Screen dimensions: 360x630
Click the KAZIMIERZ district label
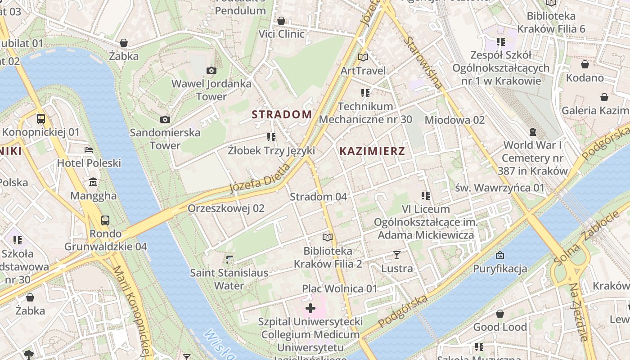(372, 151)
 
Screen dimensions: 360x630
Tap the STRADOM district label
(282, 114)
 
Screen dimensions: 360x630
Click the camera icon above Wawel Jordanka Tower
(211, 70)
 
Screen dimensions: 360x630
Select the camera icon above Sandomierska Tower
(165, 119)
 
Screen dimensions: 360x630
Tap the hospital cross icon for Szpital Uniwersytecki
(310, 308)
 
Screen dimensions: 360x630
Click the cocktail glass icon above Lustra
(396, 255)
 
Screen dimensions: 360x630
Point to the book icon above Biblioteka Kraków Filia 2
(328, 237)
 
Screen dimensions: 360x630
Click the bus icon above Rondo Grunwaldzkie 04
(105, 220)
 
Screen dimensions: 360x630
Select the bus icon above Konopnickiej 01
(41, 119)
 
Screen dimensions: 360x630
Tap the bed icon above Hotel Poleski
(89, 149)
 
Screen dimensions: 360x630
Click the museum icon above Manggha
(93, 182)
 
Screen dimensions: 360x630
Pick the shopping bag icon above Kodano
(585, 64)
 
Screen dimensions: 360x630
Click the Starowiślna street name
(423, 62)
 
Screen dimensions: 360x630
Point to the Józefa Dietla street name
(260, 179)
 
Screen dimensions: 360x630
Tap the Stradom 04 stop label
(318, 197)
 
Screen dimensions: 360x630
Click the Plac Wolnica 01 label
(339, 288)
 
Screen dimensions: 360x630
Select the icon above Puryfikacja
(499, 255)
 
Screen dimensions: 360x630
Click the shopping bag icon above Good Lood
(499, 314)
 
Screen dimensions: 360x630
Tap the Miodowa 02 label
(454, 120)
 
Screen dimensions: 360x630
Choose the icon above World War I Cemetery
(533, 132)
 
